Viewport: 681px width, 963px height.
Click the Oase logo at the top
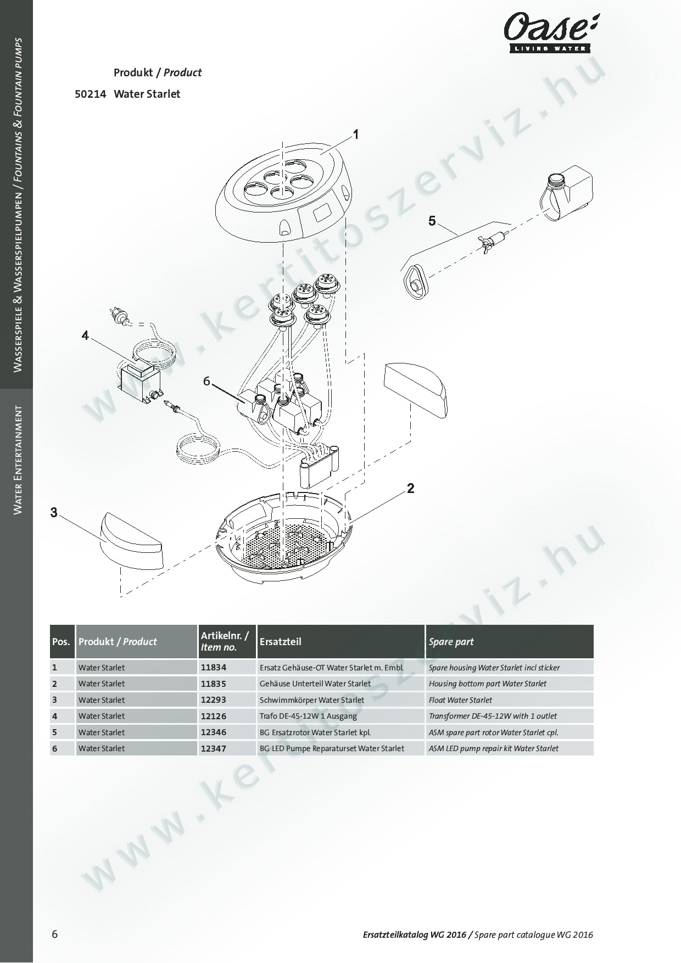click(x=550, y=32)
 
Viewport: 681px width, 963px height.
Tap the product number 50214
click(x=90, y=94)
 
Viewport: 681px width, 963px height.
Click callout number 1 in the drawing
click(x=356, y=134)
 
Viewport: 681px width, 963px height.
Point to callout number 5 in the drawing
click(x=432, y=221)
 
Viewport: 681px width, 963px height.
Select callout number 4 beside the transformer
click(x=85, y=335)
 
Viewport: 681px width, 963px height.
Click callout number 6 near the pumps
click(x=206, y=380)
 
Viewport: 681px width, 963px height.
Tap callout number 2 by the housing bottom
click(x=410, y=488)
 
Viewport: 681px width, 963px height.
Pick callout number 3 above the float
click(x=54, y=512)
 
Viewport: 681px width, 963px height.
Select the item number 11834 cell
click(x=213, y=668)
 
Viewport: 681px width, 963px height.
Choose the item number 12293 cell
click(x=213, y=700)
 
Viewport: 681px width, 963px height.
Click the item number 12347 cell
click(x=213, y=748)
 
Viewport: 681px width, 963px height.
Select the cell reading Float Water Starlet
click(x=460, y=700)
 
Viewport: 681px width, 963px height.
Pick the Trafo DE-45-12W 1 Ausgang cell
click(x=308, y=716)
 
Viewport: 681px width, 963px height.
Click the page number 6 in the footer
click(x=54, y=934)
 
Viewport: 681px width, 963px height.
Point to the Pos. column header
click(x=62, y=641)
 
